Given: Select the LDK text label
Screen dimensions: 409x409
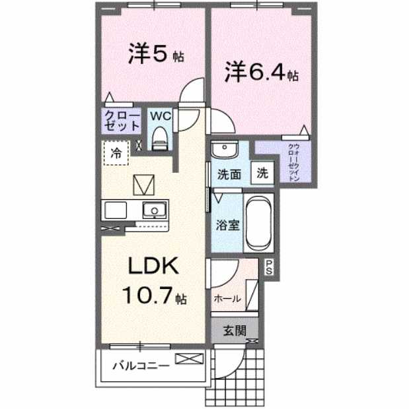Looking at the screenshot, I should point(153,267).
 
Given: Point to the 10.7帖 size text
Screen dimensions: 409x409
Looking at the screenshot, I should point(153,296).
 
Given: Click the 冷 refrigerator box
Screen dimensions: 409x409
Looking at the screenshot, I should point(116,154).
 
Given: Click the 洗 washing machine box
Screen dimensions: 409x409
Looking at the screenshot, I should point(263,174).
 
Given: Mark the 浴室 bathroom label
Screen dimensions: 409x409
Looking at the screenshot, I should point(227,224).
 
